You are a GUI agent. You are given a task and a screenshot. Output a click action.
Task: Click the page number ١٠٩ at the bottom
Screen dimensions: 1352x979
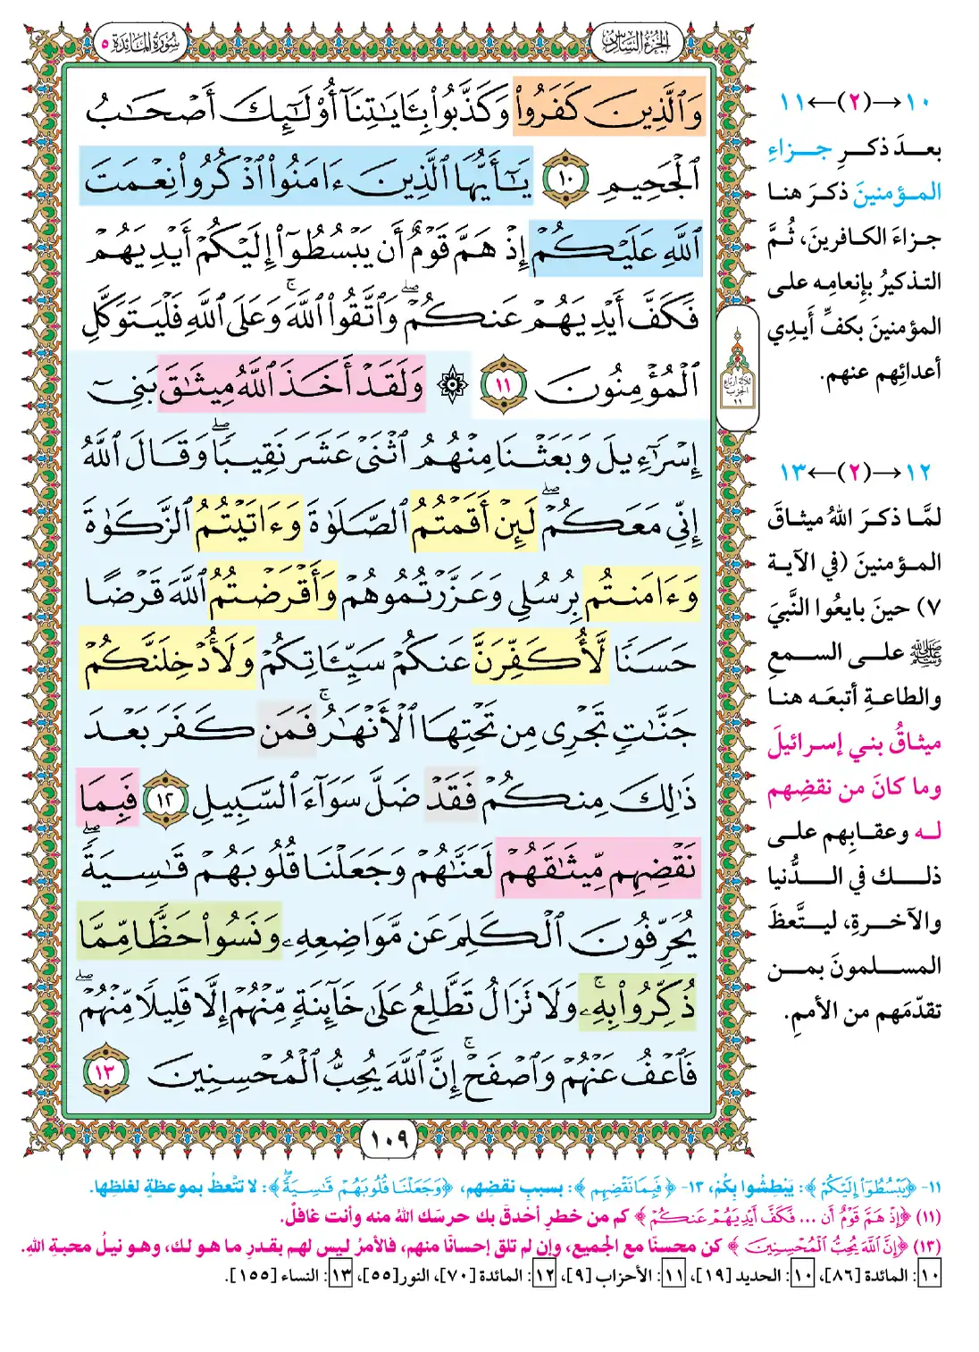coord(388,1138)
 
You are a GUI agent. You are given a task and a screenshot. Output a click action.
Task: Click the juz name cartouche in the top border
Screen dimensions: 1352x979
coord(635,42)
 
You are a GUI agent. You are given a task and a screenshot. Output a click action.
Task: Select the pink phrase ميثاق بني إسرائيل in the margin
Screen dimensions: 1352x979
coord(853,743)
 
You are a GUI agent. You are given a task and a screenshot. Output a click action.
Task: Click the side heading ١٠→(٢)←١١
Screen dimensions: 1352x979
coord(855,102)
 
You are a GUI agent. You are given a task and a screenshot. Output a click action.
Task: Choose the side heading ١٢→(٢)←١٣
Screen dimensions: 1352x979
coord(855,472)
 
